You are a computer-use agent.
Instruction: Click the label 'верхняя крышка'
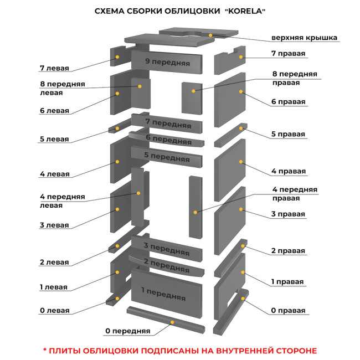tap(304, 38)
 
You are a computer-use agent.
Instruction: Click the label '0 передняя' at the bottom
tap(127, 331)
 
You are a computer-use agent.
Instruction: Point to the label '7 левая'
tap(54, 68)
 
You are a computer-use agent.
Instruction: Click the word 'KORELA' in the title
tap(245, 11)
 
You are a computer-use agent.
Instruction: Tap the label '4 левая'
tap(54, 174)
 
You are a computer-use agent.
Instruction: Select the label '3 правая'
tap(288, 214)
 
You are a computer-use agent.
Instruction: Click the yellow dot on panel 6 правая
tap(241, 91)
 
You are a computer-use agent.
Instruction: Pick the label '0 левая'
tap(54, 310)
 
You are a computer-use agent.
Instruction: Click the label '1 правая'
tap(287, 281)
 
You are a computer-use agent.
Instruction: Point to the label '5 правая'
tap(288, 134)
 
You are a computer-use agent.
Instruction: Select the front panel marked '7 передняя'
tap(168, 122)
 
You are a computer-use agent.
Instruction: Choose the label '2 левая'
tap(54, 262)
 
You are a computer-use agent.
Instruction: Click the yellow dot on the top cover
tap(210, 34)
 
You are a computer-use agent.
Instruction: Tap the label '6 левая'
tap(54, 111)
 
